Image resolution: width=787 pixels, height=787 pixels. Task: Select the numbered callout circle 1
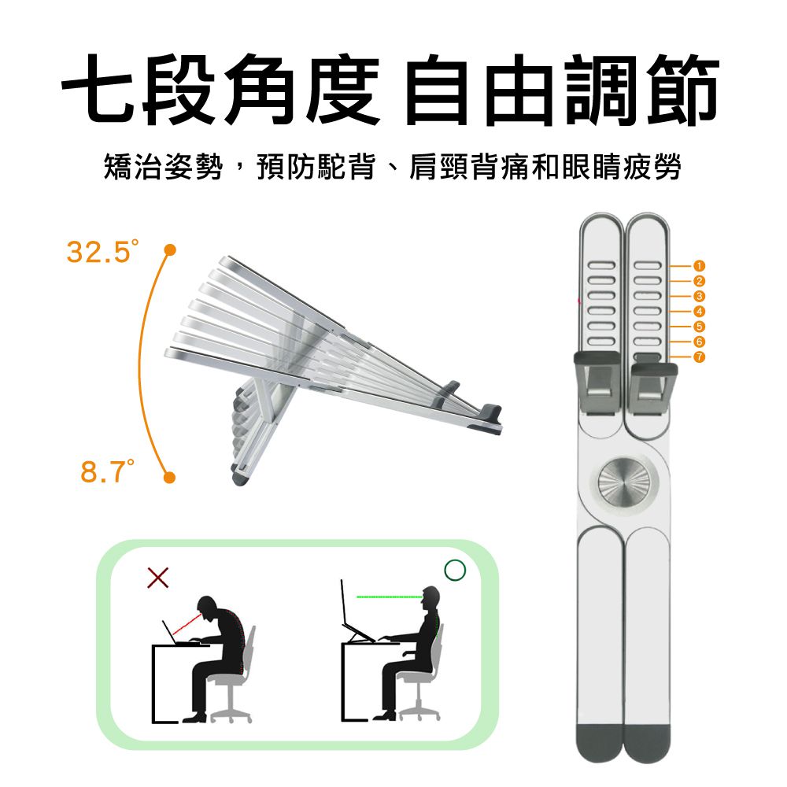pyautogui.click(x=699, y=266)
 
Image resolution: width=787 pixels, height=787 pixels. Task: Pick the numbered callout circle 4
pyautogui.click(x=699, y=312)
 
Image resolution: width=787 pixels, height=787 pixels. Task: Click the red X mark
pyautogui.click(x=157, y=578)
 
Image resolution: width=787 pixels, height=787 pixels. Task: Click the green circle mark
pyautogui.click(x=456, y=571)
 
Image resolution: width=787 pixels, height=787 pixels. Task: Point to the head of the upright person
pyautogui.click(x=430, y=598)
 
